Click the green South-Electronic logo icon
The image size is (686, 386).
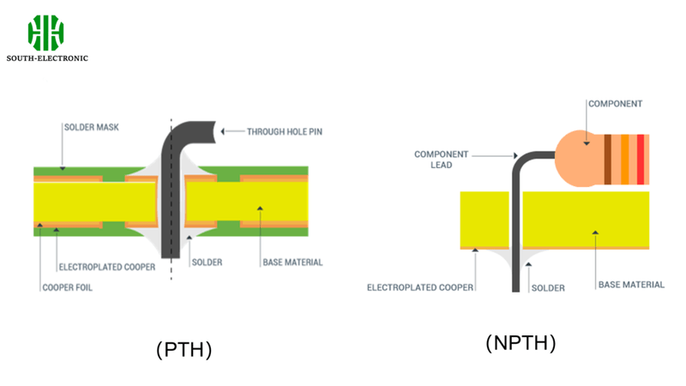pos(46,33)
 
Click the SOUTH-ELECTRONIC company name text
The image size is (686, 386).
pos(47,58)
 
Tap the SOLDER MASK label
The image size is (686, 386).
pos(93,127)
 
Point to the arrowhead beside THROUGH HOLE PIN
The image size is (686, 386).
pos(225,131)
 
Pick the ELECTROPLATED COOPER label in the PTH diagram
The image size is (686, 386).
pos(106,267)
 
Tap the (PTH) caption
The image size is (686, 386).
pos(184,349)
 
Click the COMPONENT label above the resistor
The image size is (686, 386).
pos(615,104)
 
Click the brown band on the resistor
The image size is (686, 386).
pos(608,160)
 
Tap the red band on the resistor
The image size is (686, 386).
pos(640,160)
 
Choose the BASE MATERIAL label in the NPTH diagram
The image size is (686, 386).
pos(631,284)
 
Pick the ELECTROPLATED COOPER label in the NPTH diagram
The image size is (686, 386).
pos(419,287)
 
